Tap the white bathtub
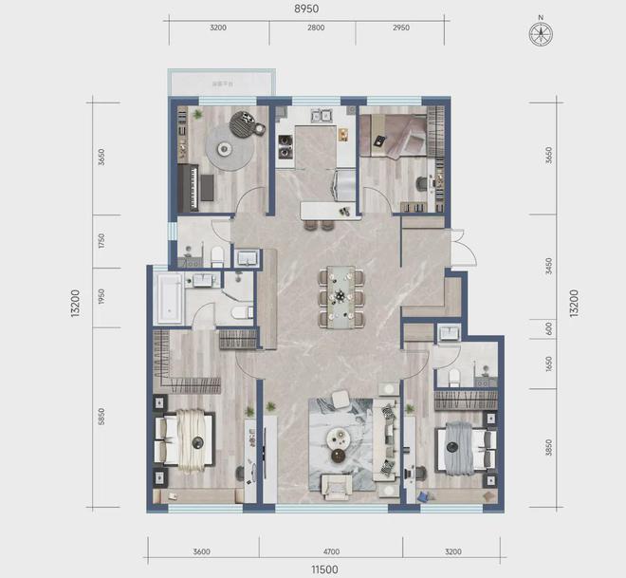170,298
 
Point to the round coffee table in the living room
340,438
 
